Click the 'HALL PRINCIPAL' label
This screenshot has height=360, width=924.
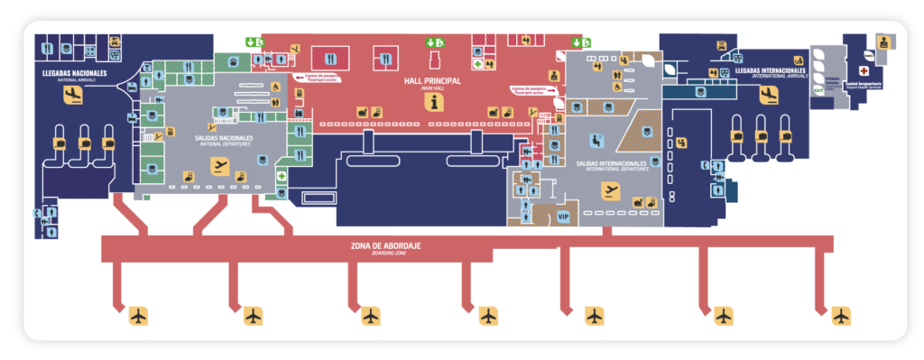coord(432,81)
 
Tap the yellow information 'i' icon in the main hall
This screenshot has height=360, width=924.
coord(438,103)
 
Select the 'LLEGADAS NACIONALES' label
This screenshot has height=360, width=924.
coord(74,72)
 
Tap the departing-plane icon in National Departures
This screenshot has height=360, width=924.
coord(218,164)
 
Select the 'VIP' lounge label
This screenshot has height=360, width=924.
coord(564,217)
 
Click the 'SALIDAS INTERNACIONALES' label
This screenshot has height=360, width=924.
coord(612,163)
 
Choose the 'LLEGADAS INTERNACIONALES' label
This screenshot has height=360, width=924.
coord(771,69)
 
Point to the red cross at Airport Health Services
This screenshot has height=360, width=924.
coord(864,69)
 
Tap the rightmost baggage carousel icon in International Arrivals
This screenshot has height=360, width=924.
coord(785,134)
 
